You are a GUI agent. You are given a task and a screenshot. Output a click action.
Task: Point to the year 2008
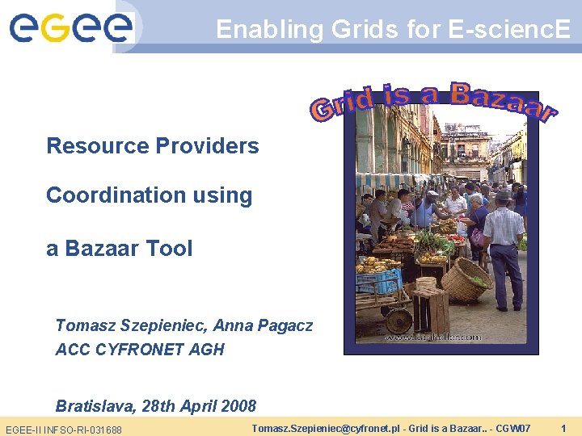(238, 406)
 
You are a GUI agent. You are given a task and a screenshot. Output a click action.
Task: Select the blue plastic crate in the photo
(379, 282)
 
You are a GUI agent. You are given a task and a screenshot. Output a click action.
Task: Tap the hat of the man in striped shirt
(504, 195)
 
